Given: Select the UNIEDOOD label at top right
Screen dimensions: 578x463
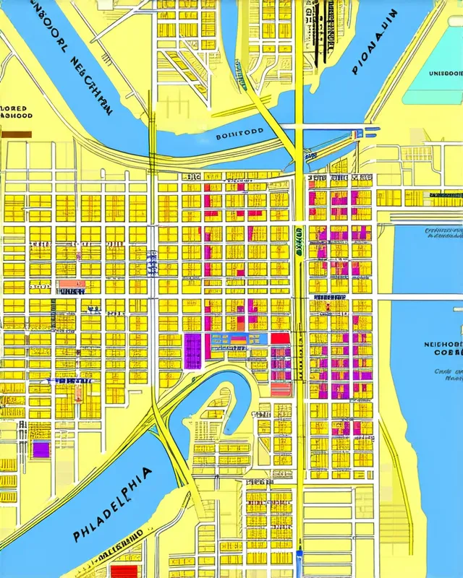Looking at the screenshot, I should click(x=443, y=73).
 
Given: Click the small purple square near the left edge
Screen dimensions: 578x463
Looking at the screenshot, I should click(x=41, y=449).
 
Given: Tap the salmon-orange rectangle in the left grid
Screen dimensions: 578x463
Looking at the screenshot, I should click(x=71, y=284).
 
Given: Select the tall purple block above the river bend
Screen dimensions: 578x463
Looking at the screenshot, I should click(x=192, y=350).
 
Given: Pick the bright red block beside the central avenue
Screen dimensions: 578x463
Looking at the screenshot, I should click(x=280, y=338).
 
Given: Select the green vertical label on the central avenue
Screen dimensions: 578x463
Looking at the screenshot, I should click(x=298, y=242).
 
